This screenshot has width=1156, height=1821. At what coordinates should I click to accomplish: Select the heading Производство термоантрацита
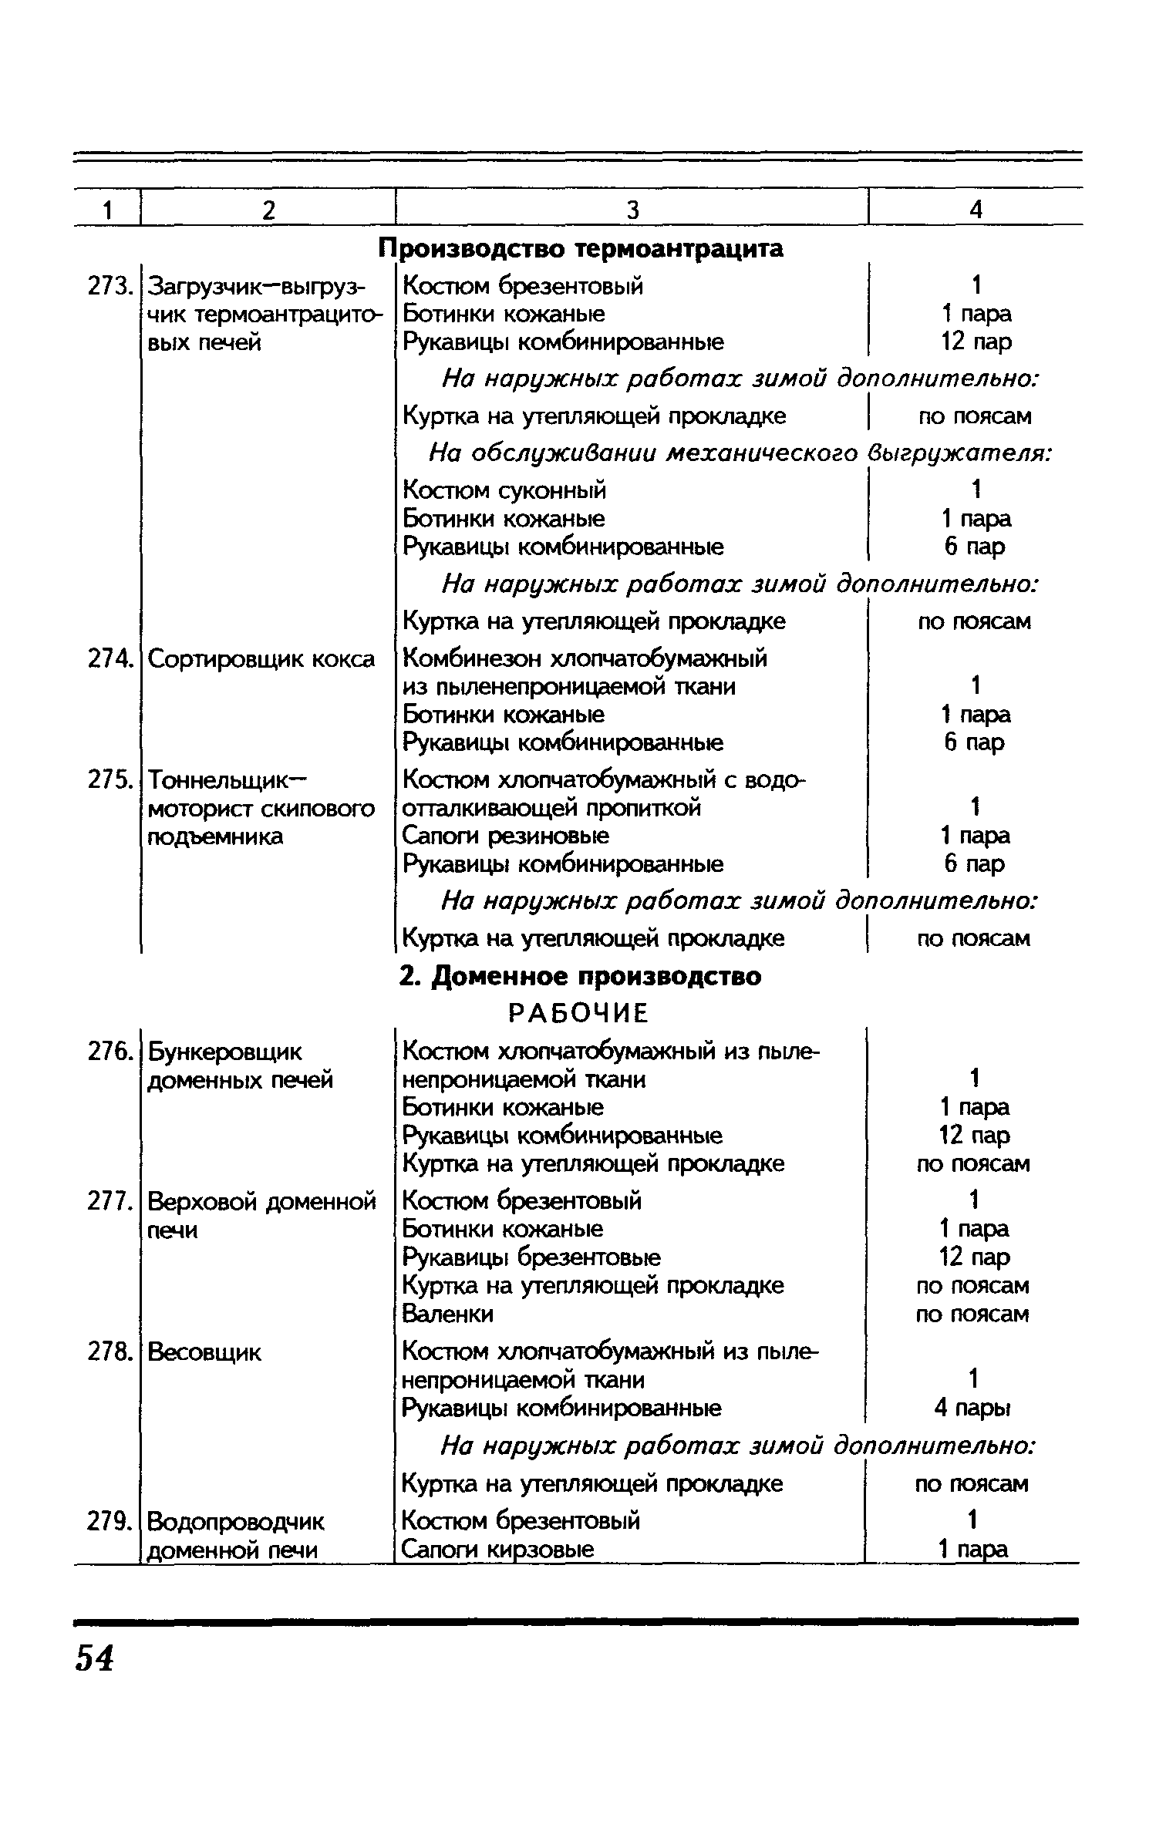coord(581,248)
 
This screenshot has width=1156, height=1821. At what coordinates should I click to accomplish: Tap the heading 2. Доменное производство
coord(580,976)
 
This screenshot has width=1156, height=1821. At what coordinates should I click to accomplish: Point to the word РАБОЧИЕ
coord(578,1014)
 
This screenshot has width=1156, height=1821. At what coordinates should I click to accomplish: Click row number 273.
coord(107,286)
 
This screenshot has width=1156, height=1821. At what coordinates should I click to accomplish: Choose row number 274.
coord(107,659)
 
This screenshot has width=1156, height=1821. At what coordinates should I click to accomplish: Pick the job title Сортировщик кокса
coord(261,659)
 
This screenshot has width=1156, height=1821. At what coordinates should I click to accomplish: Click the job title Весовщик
coord(204,1351)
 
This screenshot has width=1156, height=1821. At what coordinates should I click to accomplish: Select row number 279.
coord(107,1521)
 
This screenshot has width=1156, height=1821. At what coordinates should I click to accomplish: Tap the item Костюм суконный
coord(505,490)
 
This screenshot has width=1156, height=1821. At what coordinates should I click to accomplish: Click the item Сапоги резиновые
coord(506,836)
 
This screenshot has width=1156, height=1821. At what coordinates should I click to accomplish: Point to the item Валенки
coord(448,1313)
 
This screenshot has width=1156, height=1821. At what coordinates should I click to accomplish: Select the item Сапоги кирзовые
coord(498,1549)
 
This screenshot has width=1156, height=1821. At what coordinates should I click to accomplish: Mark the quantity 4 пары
coord(972,1409)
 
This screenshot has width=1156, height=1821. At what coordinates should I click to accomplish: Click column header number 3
coord(632,210)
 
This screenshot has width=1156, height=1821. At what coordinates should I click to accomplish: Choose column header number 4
coord(976,210)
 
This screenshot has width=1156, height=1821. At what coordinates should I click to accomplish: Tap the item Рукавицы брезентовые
coord(531,1257)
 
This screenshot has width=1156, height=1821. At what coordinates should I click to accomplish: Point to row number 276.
coord(107,1052)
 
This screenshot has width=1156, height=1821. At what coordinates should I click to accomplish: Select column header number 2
coord(268,210)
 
